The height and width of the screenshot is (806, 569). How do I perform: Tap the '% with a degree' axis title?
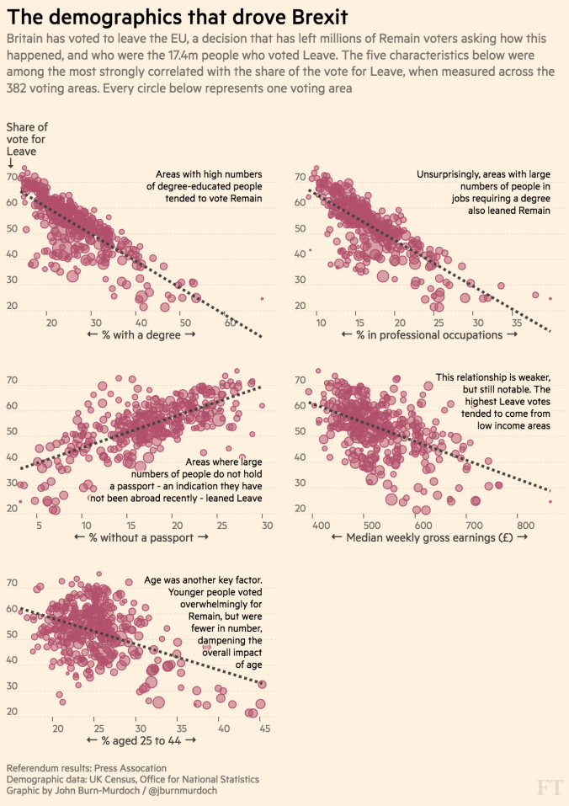pyautogui.click(x=141, y=335)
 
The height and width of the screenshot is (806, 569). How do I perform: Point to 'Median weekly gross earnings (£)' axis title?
pyautogui.click(x=429, y=537)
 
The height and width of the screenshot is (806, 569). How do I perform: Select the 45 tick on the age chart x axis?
pyautogui.click(x=263, y=728)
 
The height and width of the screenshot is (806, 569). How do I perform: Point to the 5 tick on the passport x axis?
pyautogui.click(x=39, y=526)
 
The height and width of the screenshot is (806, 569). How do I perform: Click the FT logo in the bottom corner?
pyautogui.click(x=548, y=787)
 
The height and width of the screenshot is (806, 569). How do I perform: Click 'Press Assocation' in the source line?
pyautogui.click(x=127, y=768)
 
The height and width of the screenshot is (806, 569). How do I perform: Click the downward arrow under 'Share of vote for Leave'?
pyautogui.click(x=10, y=163)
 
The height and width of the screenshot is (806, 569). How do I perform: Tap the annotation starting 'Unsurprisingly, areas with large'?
pyautogui.click(x=483, y=192)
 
